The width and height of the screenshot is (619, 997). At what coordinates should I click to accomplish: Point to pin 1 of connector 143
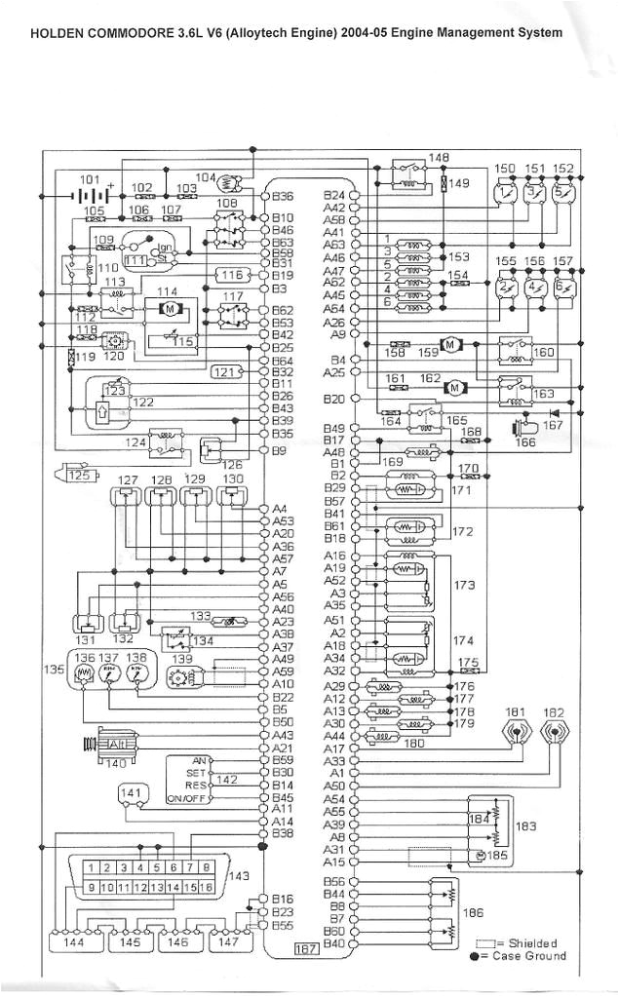coord(91,867)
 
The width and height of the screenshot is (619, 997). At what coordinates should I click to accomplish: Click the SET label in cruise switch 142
coord(197,772)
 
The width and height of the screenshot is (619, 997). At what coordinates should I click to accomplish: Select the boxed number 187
coord(308,948)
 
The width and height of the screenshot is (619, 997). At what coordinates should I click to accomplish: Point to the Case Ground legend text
coord(532,956)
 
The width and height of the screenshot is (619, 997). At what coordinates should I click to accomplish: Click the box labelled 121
coord(226,371)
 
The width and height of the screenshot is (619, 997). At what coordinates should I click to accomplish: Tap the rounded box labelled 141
coord(134,794)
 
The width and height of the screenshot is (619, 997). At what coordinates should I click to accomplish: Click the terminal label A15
coord(334,862)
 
